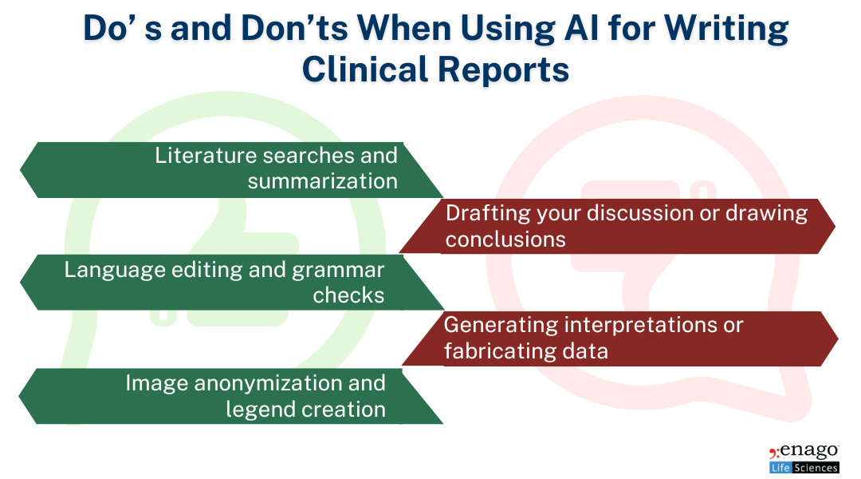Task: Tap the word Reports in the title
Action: [503, 69]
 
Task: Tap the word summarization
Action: [322, 181]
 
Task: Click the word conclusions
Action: [505, 239]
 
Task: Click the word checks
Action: [348, 295]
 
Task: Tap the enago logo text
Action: [809, 452]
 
